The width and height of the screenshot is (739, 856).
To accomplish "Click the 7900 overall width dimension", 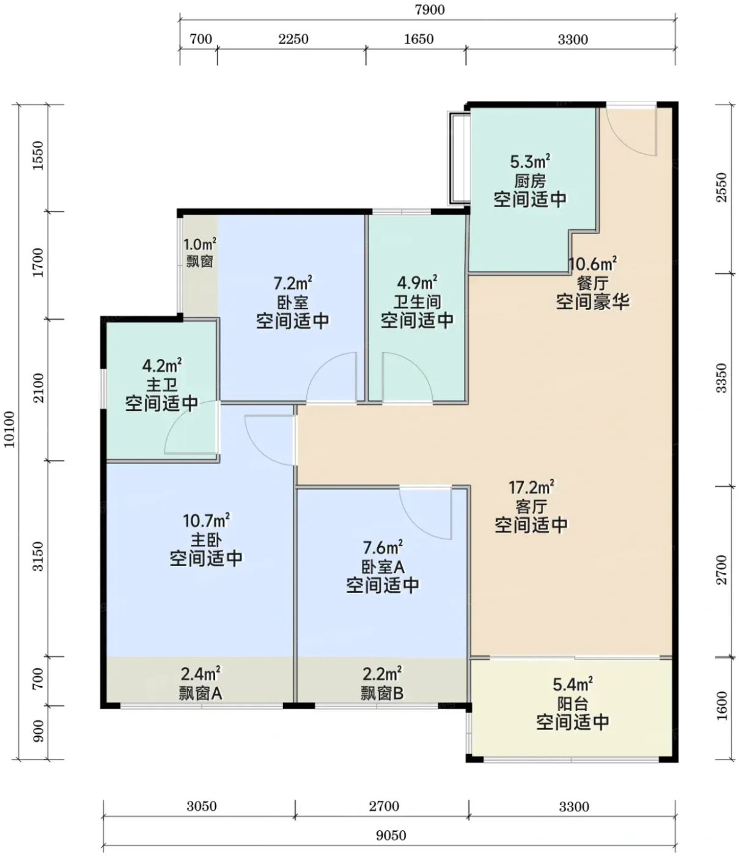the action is [x=430, y=10].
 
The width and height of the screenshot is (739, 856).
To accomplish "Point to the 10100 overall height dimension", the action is [x=9, y=429].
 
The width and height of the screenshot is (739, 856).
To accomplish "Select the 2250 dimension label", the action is [x=293, y=39].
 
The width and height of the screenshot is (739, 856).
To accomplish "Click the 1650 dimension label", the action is [x=419, y=39].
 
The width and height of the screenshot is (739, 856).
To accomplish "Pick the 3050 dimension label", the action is [x=202, y=806].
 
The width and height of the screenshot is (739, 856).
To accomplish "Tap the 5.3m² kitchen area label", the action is [x=530, y=161].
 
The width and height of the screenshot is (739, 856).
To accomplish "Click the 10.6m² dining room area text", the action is [x=592, y=264].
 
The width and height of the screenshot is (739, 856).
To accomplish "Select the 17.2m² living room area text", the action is [x=532, y=487].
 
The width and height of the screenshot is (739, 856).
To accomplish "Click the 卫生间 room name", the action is [x=417, y=302].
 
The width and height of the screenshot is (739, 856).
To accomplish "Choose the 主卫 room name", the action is [x=162, y=385].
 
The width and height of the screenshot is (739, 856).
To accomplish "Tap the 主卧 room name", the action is [x=206, y=540].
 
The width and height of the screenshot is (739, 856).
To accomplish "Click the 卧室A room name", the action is [x=383, y=567].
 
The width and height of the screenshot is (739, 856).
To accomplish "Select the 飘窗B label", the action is [x=382, y=693].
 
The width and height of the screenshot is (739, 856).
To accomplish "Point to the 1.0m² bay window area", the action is [x=200, y=245].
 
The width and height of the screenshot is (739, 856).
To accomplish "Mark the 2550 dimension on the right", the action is [x=721, y=187].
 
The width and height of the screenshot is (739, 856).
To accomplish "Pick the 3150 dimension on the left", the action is [x=38, y=556].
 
